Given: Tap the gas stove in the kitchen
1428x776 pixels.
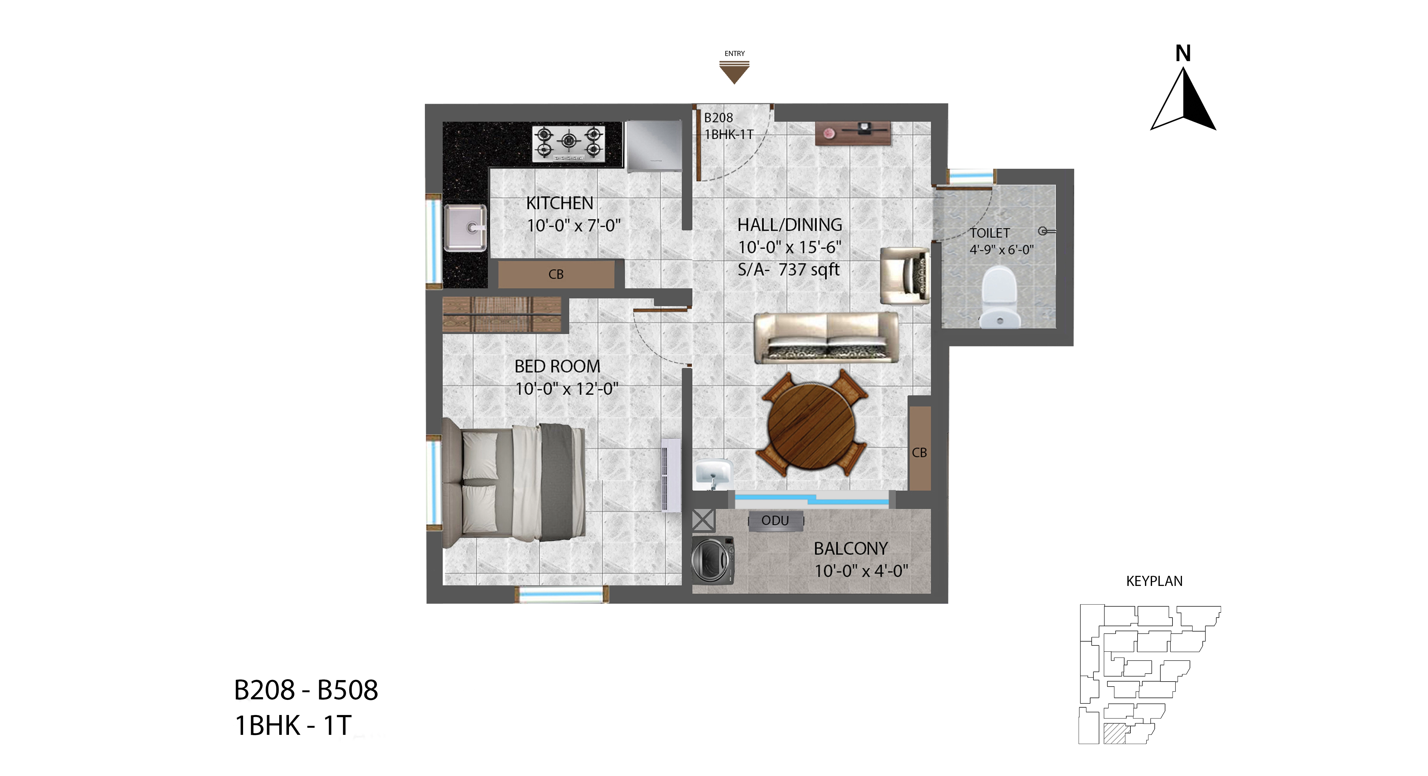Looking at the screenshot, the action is (x=568, y=144).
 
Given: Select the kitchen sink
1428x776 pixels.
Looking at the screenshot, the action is (x=466, y=227).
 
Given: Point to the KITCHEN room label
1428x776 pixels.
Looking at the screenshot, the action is (x=559, y=203).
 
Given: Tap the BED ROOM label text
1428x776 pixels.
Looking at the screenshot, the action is (x=557, y=366).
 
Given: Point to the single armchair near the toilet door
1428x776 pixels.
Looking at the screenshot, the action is (x=905, y=275).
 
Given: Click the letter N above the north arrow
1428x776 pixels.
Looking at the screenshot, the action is (x=1183, y=53).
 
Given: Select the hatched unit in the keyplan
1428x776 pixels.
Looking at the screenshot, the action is (x=1114, y=733).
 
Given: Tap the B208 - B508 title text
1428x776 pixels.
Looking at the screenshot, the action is (x=306, y=690).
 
